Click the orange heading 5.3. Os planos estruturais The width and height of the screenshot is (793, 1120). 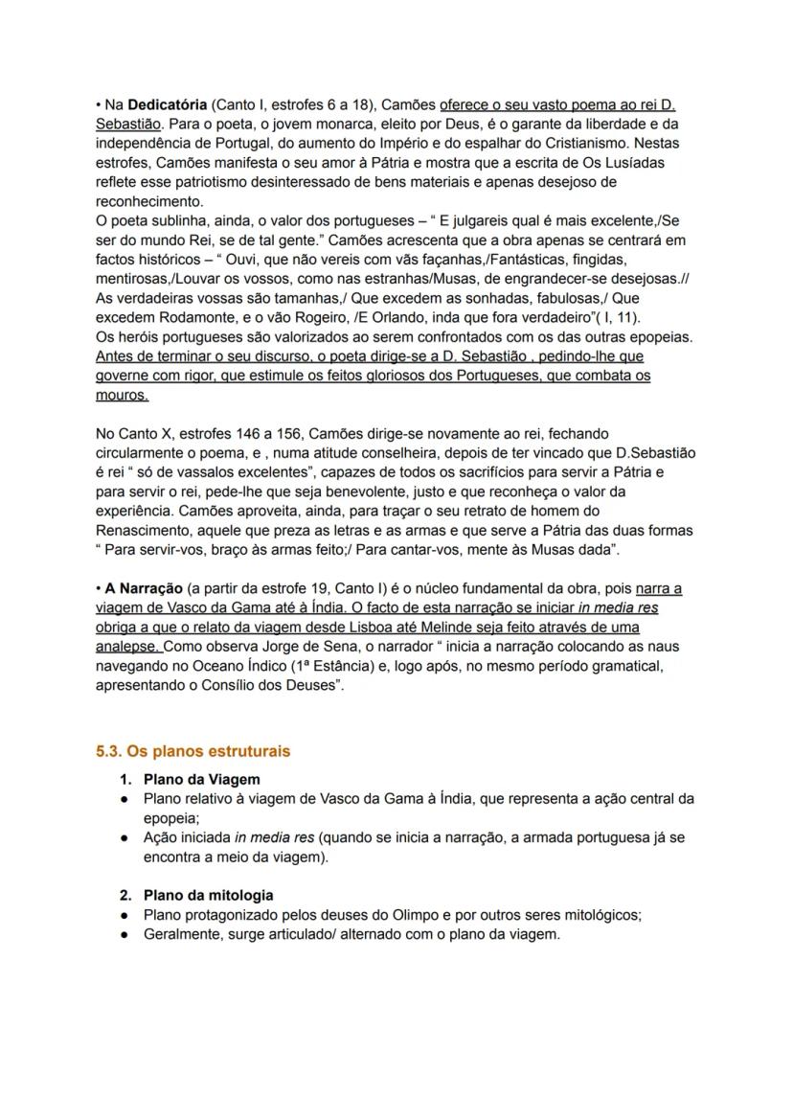(x=193, y=751)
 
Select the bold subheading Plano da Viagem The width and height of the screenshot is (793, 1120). (x=201, y=779)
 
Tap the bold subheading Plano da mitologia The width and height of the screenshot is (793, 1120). (x=208, y=895)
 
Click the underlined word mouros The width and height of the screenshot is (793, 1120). (x=122, y=395)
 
